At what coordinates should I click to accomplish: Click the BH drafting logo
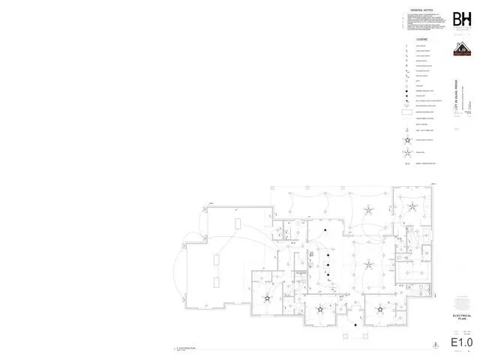[462, 19]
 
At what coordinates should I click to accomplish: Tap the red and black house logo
[461, 49]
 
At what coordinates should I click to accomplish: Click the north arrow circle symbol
[436, 344]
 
